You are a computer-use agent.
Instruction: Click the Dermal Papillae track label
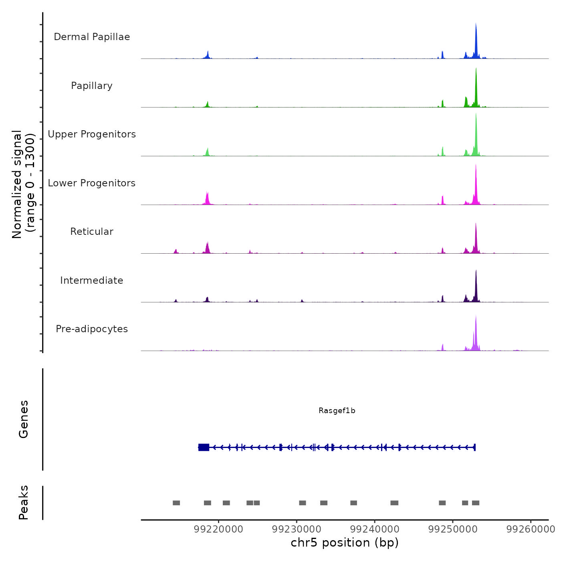coord(92,37)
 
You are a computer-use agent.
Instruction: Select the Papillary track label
coord(92,86)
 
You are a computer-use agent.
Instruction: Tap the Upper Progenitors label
coord(92,134)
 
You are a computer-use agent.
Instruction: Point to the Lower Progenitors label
coord(92,183)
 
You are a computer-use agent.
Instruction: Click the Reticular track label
coord(92,232)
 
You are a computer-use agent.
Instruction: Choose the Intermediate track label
coord(92,280)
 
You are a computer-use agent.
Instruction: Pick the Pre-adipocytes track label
coord(92,329)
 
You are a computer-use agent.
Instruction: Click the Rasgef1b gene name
coord(337,410)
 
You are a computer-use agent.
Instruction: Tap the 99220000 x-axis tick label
coord(218,529)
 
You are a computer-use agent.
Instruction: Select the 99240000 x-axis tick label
coord(375,529)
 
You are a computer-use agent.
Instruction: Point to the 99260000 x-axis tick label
coord(531,529)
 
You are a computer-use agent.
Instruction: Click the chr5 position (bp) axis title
coord(345,543)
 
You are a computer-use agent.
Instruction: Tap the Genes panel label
coord(24,419)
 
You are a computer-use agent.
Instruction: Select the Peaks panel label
coord(24,502)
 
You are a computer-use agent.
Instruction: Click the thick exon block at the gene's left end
coord(204,447)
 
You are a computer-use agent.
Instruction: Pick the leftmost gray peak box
coord(176,503)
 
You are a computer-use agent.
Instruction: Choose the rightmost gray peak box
coord(476,503)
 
